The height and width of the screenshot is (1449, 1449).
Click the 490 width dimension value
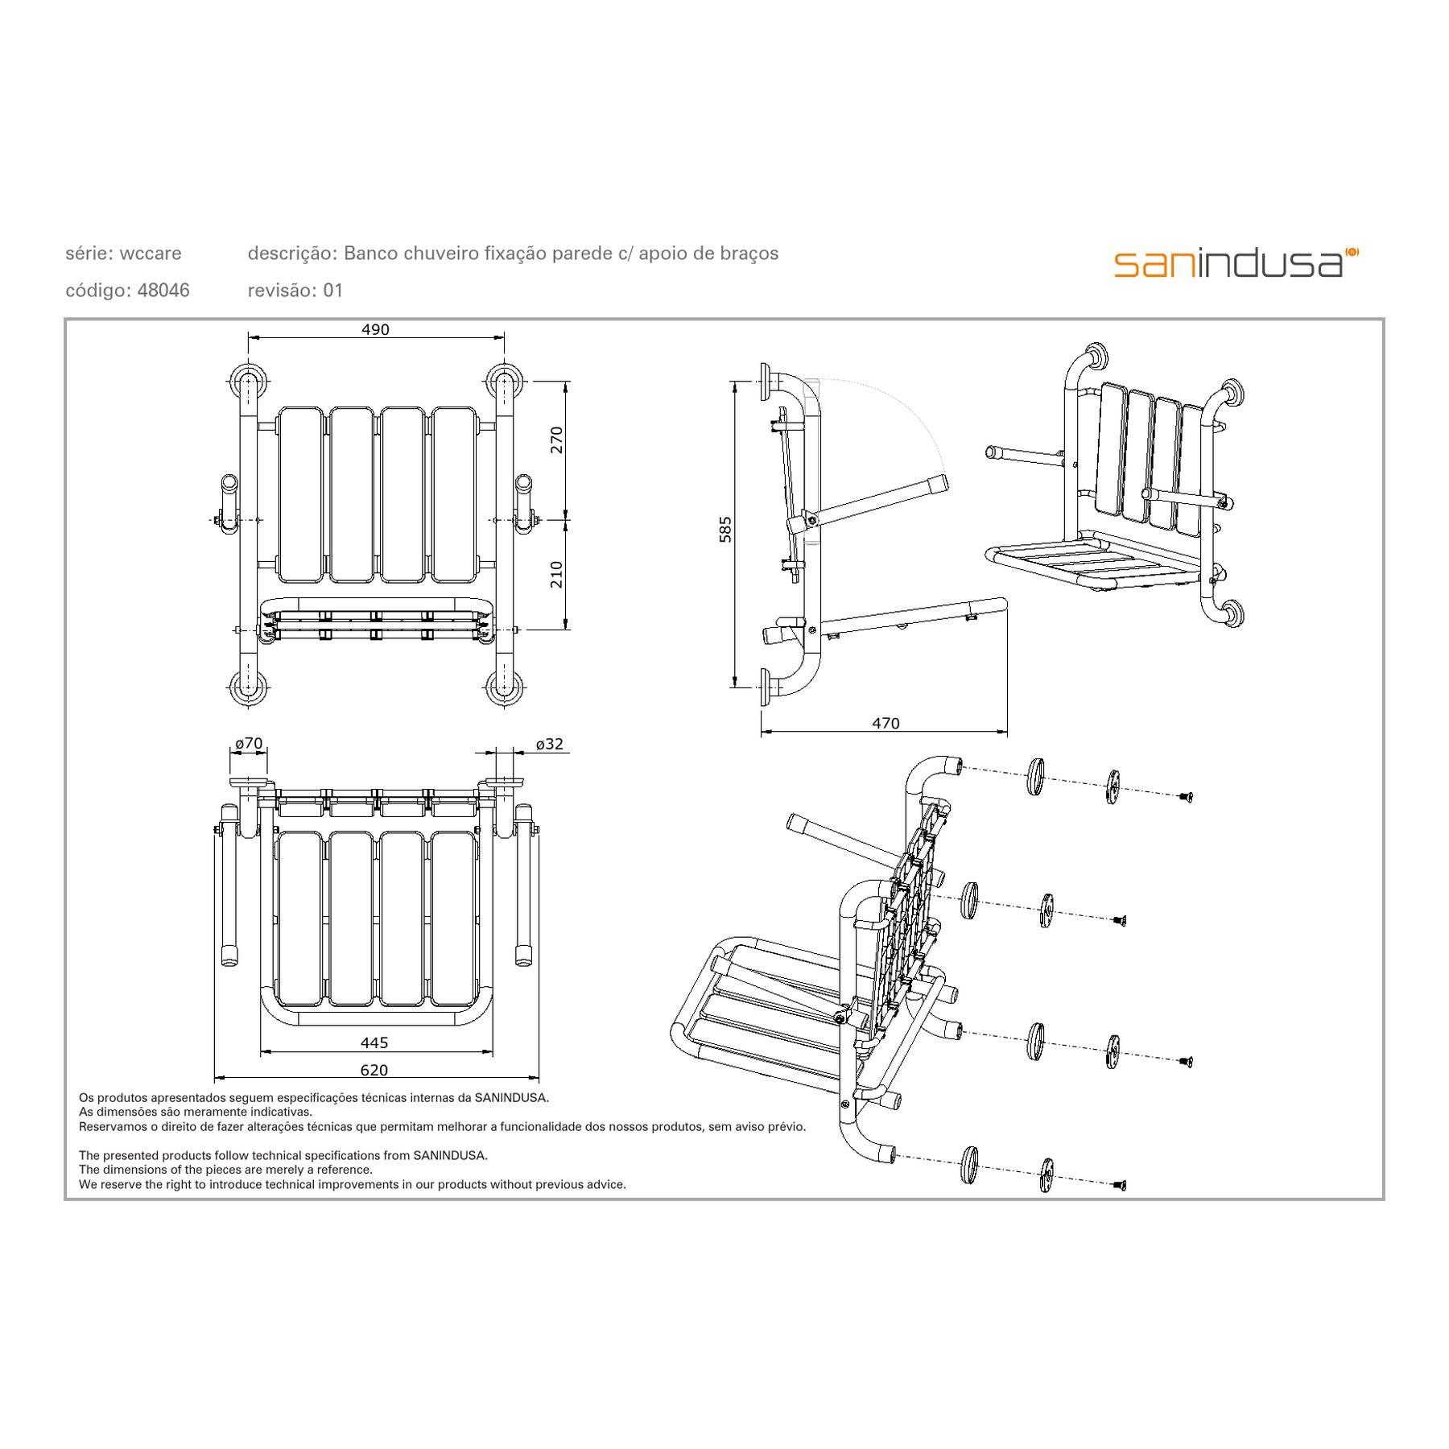pyautogui.click(x=375, y=329)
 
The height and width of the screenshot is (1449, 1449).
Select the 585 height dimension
pyautogui.click(x=725, y=529)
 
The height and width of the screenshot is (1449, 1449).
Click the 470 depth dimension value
pyautogui.click(x=885, y=723)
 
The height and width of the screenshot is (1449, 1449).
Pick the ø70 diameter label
pyautogui.click(x=249, y=744)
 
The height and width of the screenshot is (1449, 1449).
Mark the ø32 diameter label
pyautogui.click(x=550, y=744)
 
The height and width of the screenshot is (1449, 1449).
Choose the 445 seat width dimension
pyautogui.click(x=374, y=1042)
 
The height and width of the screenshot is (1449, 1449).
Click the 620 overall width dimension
pyautogui.click(x=374, y=1070)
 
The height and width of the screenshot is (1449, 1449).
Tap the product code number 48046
pyautogui.click(x=163, y=291)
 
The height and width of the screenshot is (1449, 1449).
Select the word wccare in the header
pyautogui.click(x=151, y=254)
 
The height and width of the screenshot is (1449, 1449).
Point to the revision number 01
pyautogui.click(x=333, y=291)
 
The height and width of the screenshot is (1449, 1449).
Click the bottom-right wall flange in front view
pyautogui.click(x=505, y=687)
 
